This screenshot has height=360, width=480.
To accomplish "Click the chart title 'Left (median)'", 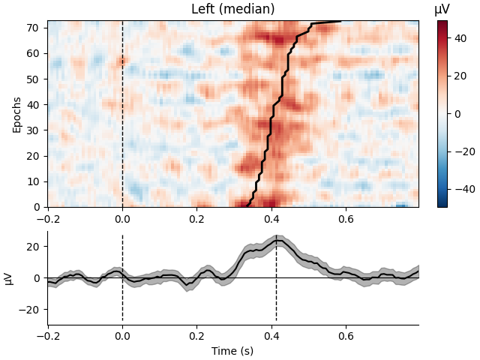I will [x=232, y=10].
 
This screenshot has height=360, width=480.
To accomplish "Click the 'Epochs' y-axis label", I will [x=17, y=114].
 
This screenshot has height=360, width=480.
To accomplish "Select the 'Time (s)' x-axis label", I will [x=232, y=351].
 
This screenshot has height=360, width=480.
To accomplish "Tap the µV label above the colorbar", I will [x=442, y=10].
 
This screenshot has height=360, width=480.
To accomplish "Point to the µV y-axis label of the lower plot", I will [x=9, y=278].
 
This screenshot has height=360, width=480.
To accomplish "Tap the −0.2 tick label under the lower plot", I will [x=47, y=335].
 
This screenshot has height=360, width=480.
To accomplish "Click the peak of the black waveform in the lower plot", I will [x=277, y=241].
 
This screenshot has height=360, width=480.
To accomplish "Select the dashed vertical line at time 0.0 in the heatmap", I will [x=122, y=112].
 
